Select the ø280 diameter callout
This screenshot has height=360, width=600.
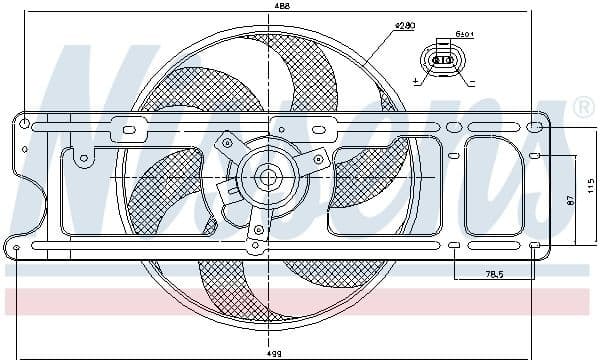coord(404,24)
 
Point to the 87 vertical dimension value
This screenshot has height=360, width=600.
coord(568,201)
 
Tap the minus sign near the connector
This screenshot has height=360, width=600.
coord(471,76)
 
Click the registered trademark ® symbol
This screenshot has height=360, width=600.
coord(582,106)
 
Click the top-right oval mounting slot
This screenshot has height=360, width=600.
coord(535,127)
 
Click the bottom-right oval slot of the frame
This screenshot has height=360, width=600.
coord(535,245)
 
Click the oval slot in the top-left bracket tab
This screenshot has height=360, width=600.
coord(129,128)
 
